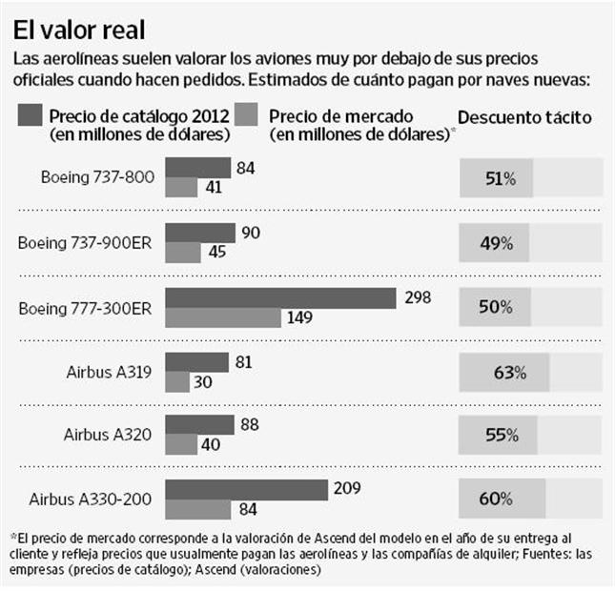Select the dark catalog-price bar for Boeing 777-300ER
pyautogui.click(x=281, y=298)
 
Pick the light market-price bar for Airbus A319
pyautogui.click(x=178, y=380)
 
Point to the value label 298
pyautogui.click(x=414, y=297)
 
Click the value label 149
pyautogui.click(x=299, y=316)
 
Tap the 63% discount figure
pyautogui.click(x=498, y=372)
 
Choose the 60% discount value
pyautogui.click(x=497, y=499)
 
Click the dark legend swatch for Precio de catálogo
pyautogui.click(x=31, y=116)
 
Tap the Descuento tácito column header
pyautogui.click(x=524, y=117)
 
